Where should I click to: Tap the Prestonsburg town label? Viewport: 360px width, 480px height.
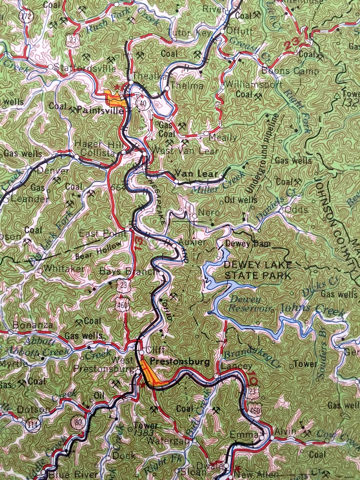coord(180,362)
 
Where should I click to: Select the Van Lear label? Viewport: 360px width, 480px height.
coord(196,174)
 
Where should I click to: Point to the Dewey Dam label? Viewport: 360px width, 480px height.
coord(248,244)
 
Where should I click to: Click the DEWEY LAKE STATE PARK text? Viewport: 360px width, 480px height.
coord(258,270)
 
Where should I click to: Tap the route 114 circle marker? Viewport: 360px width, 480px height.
coord(33,423)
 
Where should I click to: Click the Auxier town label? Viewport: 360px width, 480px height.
coord(192,242)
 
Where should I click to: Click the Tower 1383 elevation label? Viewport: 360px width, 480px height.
coord(146,429)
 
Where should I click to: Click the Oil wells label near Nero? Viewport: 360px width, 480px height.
coord(241,200)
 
